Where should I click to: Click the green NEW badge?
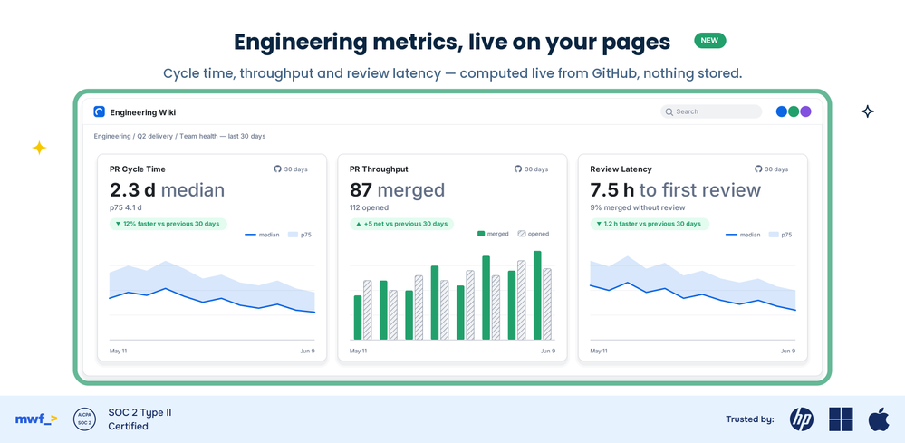(710, 41)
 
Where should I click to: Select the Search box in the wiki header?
(711, 111)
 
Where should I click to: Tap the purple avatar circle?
(805, 111)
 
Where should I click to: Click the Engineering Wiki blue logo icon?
(100, 112)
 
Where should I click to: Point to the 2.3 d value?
(133, 189)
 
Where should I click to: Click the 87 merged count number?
(361, 189)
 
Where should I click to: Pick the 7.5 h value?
(612, 189)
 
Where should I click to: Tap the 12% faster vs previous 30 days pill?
(168, 224)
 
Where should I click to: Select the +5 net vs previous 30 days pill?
(401, 224)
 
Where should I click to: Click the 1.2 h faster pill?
(650, 224)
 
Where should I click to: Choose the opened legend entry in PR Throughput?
(534, 234)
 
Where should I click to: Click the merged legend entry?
(493, 234)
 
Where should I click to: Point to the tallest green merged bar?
(537, 295)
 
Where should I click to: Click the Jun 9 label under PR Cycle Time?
(306, 351)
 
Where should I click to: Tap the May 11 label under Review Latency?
(599, 351)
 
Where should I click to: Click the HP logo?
(802, 419)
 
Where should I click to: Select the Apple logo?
(878, 419)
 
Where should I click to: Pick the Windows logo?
(841, 419)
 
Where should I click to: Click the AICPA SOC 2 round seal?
(85, 419)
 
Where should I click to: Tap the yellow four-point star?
(39, 149)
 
